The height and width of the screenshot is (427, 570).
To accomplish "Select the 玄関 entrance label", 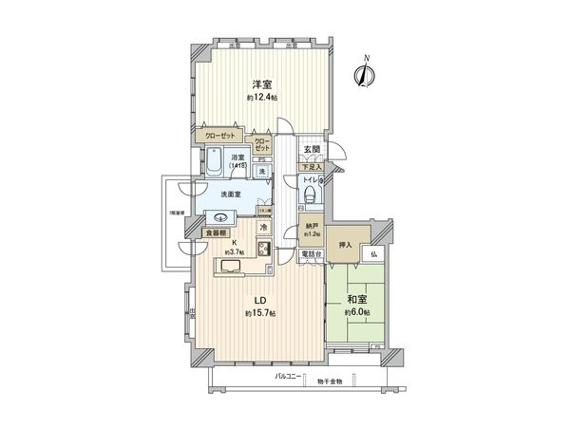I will click(x=312, y=150).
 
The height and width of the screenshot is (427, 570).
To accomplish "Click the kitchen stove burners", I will click(x=263, y=251).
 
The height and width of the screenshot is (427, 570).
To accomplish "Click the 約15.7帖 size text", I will click(x=259, y=313).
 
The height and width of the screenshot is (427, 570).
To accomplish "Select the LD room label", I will click(x=258, y=298).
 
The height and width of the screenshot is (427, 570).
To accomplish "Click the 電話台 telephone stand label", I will click(x=311, y=255).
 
